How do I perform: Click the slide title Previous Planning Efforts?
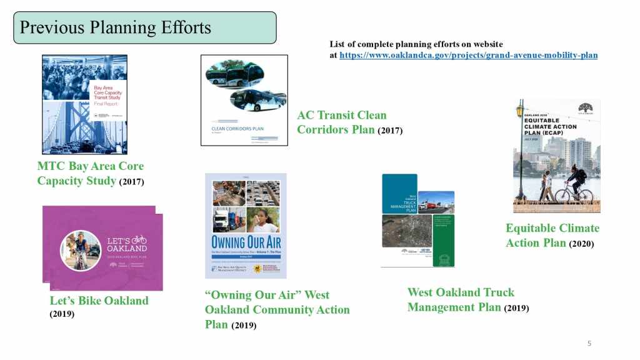[x=116, y=28]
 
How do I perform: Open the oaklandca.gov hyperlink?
[x=468, y=55]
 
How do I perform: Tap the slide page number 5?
[x=589, y=344]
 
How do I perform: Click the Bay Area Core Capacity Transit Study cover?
[x=84, y=104]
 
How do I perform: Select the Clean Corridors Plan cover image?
[x=244, y=100]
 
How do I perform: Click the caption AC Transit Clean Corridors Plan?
[x=341, y=122]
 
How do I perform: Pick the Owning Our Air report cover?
[x=246, y=226]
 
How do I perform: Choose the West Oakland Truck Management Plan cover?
[x=417, y=221]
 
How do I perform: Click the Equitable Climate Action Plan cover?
[x=556, y=156]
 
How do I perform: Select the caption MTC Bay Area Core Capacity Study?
[x=91, y=174]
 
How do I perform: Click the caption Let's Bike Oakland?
[x=99, y=301]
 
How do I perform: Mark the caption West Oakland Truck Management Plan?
[x=461, y=299]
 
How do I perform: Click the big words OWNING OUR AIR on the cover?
[x=245, y=242]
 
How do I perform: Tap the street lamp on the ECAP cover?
[x=520, y=150]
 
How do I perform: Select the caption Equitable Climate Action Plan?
[x=552, y=235]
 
